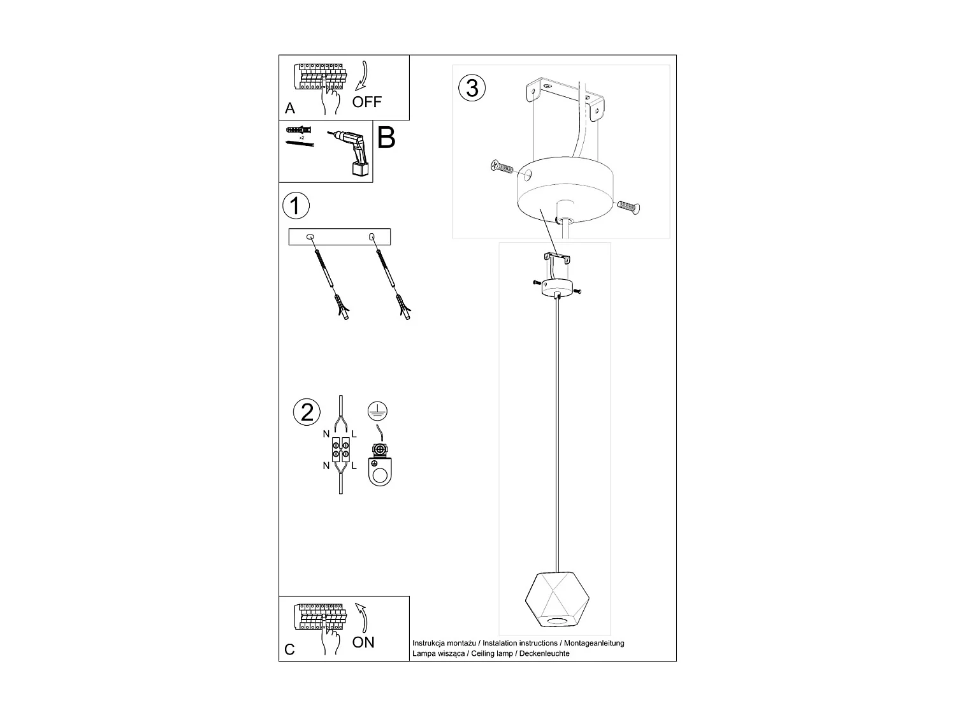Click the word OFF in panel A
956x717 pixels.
pos(367,102)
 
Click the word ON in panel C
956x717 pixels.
pos(363,642)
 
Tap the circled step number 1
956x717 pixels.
pos(295,206)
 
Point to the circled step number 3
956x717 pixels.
pos(472,88)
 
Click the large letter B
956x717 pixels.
pos(386,138)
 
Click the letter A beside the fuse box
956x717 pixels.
pos(290,108)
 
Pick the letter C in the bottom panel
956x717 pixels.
pos(290,649)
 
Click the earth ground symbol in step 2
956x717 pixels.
pos(379,411)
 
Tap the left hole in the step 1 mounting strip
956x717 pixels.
pos(310,236)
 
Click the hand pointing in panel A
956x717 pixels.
pos(331,99)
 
